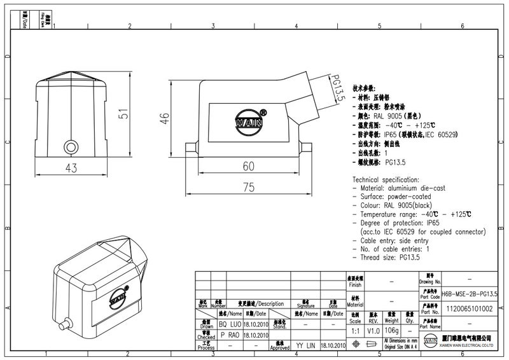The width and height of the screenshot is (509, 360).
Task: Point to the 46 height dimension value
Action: click(164, 118)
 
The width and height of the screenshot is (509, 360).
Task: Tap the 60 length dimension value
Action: click(248, 166)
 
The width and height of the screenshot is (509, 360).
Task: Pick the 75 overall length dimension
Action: click(248, 187)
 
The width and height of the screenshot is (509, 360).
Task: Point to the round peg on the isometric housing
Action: click(64, 326)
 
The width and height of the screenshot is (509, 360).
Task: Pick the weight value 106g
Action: click(392, 330)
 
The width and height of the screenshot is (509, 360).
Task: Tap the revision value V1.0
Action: click(374, 330)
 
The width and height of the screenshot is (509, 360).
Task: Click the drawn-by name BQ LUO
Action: click(230, 324)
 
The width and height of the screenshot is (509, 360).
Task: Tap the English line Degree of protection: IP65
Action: click(399, 223)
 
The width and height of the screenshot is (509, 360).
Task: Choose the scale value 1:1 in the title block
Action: click(355, 330)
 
